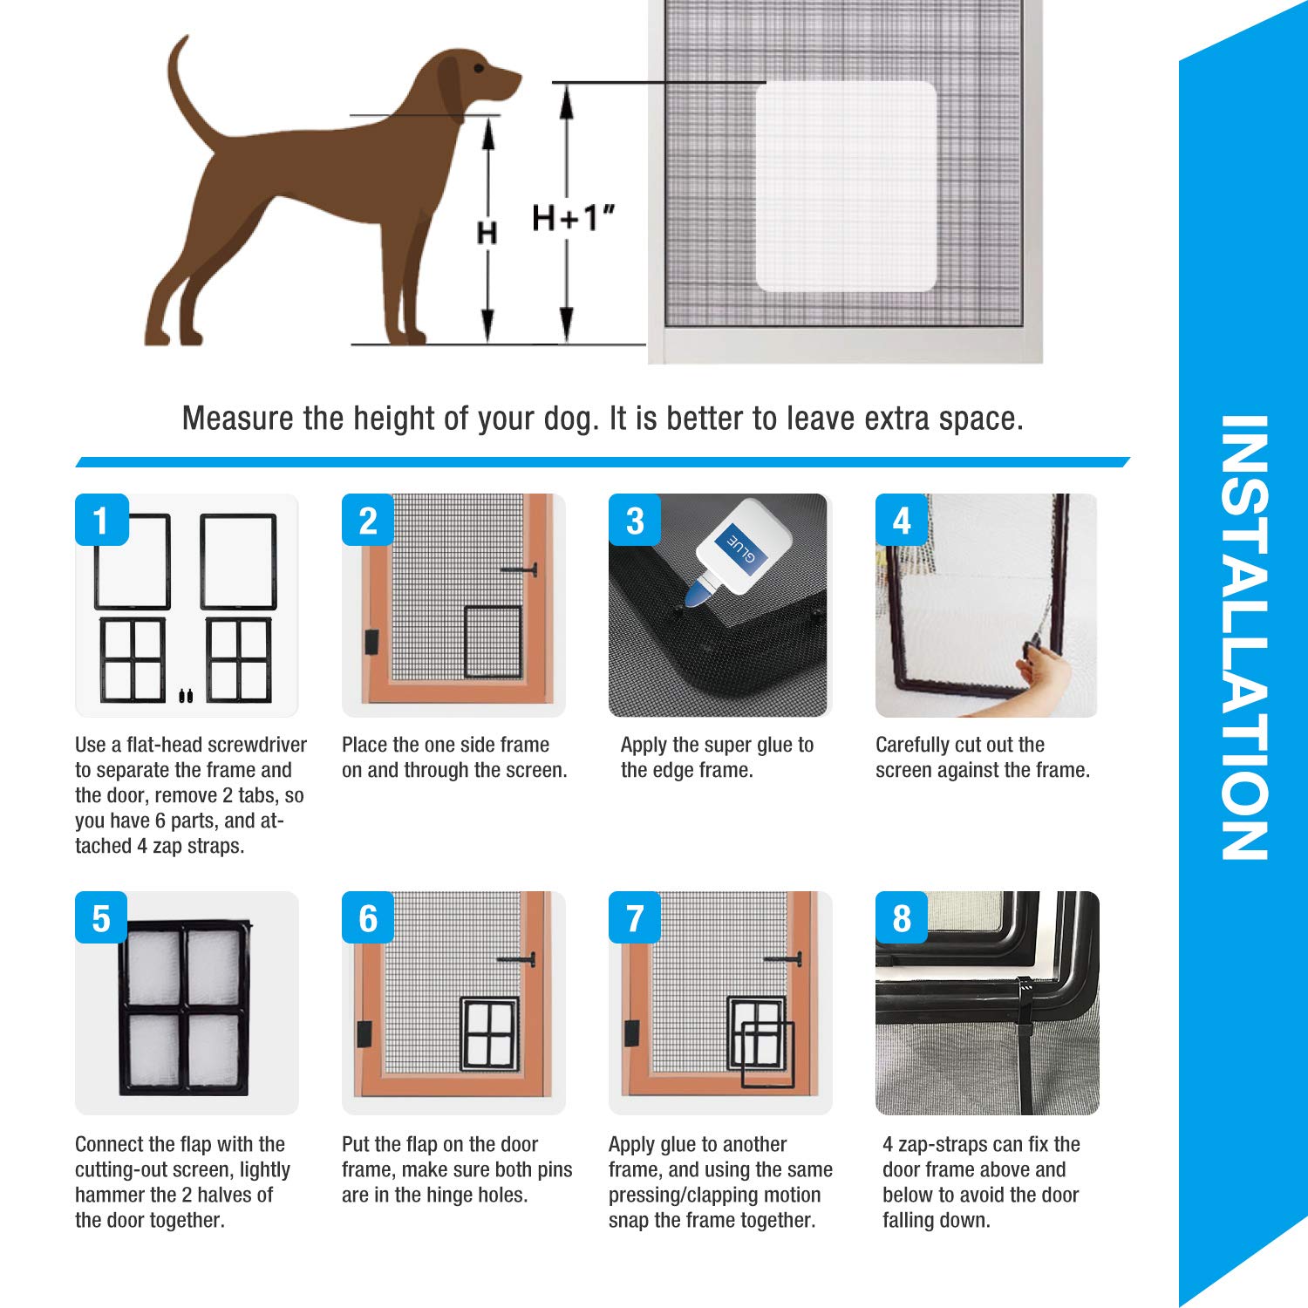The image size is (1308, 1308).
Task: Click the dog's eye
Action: tap(478, 67)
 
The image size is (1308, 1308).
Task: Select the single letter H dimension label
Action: tap(487, 233)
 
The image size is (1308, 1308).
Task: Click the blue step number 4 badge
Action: tap(902, 521)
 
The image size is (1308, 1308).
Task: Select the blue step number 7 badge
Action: tap(635, 918)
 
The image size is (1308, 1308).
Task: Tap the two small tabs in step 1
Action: tap(186, 695)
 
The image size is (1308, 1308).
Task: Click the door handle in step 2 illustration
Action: tap(521, 570)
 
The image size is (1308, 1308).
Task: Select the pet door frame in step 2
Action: tap(493, 642)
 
